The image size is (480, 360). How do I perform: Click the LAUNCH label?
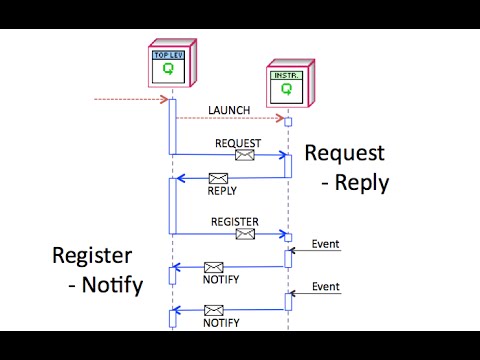click(x=229, y=109)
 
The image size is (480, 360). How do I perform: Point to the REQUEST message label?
click(x=238, y=143)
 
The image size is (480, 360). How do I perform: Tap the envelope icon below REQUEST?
click(x=244, y=155)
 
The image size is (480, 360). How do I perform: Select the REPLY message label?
click(x=222, y=190)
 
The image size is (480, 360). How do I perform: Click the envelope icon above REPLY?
click(x=218, y=179)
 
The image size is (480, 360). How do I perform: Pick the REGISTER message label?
click(x=235, y=221)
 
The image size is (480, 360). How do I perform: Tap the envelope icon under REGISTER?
click(x=244, y=234)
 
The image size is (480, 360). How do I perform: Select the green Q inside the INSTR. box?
click(x=286, y=89)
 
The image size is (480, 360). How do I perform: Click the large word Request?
click(x=344, y=153)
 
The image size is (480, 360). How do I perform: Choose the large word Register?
click(x=93, y=256)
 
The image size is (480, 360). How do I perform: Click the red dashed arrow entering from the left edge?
click(x=128, y=99)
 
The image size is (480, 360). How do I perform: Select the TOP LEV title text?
click(x=167, y=55)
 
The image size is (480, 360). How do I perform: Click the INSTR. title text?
click(x=286, y=74)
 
